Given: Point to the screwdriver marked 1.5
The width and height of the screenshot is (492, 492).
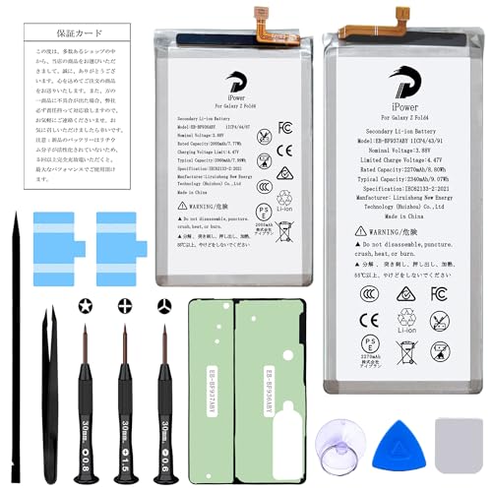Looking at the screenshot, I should [x=125, y=413].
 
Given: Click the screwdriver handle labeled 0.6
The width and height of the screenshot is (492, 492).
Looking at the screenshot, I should [x=164, y=413].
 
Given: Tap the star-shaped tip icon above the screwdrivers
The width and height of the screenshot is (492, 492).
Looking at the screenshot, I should [x=86, y=306].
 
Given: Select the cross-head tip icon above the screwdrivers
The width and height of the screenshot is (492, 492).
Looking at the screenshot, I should [x=124, y=306].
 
